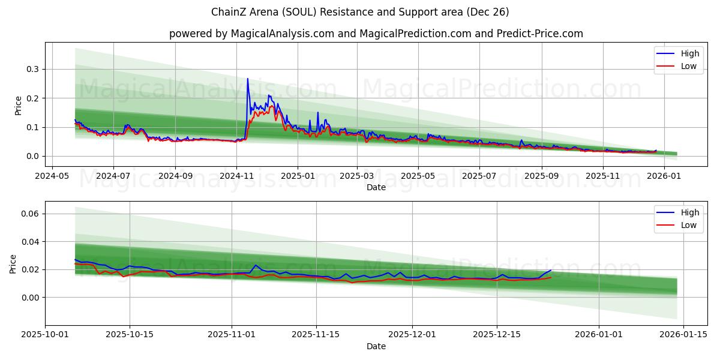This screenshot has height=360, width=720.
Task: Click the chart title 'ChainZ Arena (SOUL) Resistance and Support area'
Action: pos(360,12)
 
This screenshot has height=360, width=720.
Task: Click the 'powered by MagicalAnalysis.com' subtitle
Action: pos(376,34)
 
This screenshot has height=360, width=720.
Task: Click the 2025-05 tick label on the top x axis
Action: pos(418,176)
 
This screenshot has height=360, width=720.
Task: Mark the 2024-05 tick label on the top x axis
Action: pos(52,176)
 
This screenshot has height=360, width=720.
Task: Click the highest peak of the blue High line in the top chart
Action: pos(247,79)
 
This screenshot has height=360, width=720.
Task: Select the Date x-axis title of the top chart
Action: pos(376,187)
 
